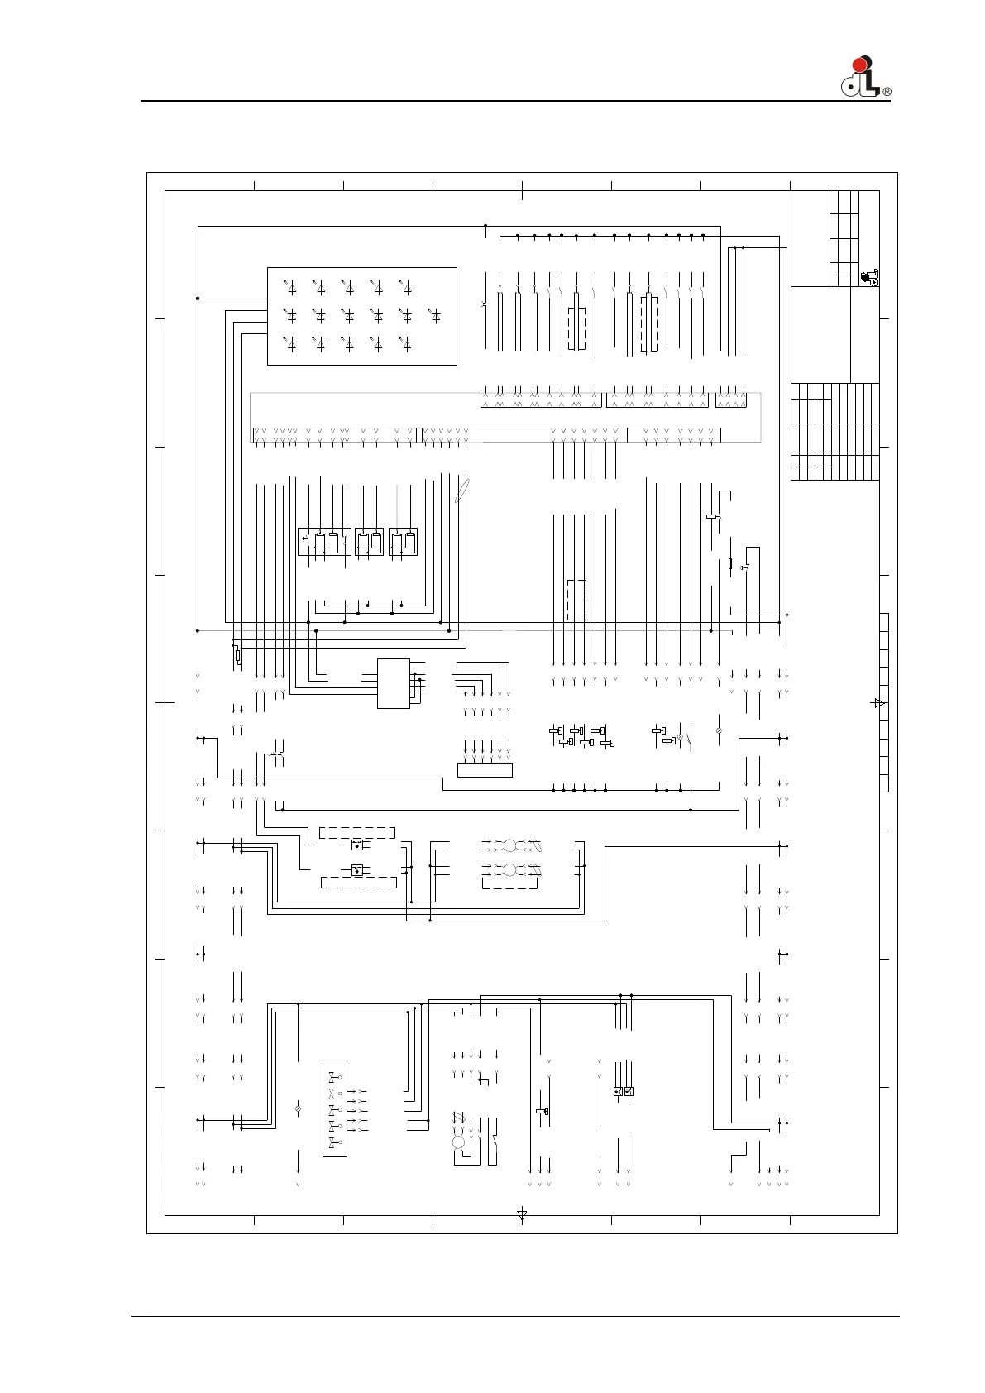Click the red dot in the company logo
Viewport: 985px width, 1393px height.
coord(859,65)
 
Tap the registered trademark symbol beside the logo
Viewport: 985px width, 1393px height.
coord(887,92)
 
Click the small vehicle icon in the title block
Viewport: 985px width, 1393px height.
coord(869,278)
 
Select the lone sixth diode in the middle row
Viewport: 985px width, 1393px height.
coord(435,316)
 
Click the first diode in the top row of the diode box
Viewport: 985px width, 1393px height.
coord(290,287)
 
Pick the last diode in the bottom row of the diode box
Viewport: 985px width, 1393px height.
coord(406,344)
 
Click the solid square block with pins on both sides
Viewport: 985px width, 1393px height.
coord(394,683)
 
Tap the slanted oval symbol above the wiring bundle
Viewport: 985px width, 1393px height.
coord(462,490)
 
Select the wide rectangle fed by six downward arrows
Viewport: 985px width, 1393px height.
coord(485,770)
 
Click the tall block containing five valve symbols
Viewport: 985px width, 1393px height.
coord(335,1111)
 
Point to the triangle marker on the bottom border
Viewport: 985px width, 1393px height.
coord(523,1214)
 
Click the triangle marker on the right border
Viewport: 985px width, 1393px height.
coord(879,703)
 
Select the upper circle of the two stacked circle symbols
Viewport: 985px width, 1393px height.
coord(510,845)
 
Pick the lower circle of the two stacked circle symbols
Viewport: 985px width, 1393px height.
coord(510,870)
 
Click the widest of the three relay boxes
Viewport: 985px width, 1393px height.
coord(324,542)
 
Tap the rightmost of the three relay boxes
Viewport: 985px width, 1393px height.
coord(403,542)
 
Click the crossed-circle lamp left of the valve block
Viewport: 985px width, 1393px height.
coord(298,1108)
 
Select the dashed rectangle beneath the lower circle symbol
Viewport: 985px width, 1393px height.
coord(510,883)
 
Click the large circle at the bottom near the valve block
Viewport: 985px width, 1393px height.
coord(459,1142)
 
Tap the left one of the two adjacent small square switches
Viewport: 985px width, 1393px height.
coord(618,1091)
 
